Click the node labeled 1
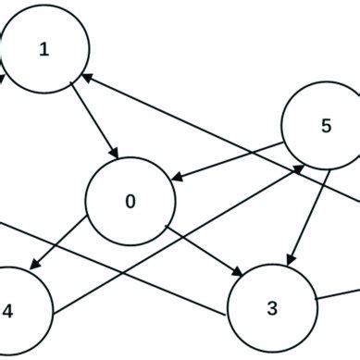pyautogui.click(x=44, y=50)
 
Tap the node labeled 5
pyautogui.click(x=325, y=128)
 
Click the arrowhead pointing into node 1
pyautogui.click(x=89, y=80)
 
